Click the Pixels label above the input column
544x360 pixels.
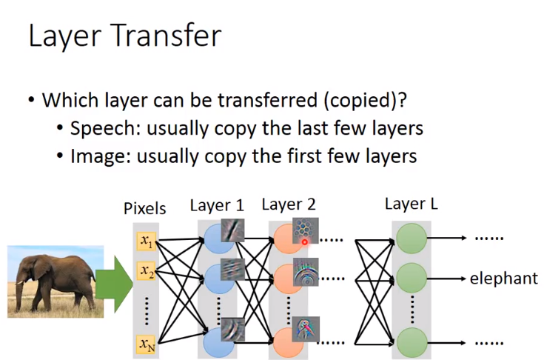coord(145,210)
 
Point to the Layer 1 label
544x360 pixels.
coord(216,205)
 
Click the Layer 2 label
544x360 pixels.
coord(289,204)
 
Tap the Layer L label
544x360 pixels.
coord(411,204)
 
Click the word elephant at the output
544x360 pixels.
coord(503,279)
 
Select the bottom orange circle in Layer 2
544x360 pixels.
coord(289,342)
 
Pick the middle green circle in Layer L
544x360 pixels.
coord(411,279)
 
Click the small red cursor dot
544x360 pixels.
coord(304,241)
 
